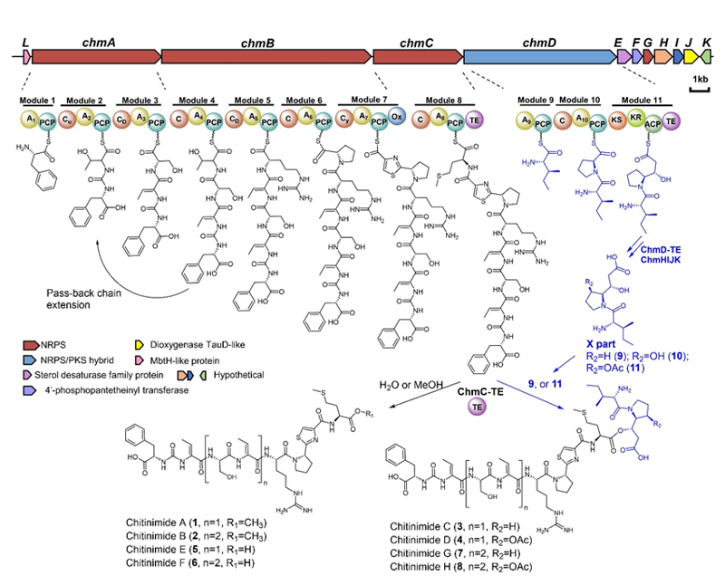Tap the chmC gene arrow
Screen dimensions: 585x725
(x=417, y=55)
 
